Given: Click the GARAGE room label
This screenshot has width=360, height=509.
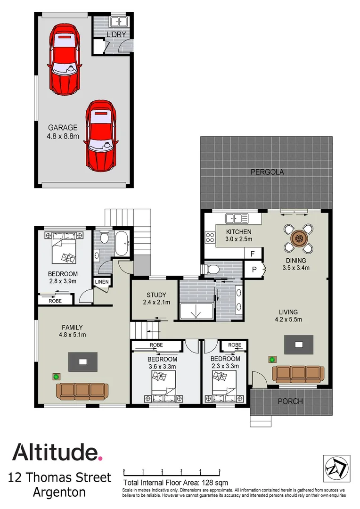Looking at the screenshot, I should (62, 127).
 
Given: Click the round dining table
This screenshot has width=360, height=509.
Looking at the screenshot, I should (298, 238).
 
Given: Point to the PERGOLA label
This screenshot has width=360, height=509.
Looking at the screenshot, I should (267, 172).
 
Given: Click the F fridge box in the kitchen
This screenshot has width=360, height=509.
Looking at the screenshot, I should (253, 254).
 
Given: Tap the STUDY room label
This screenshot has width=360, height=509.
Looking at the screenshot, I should (155, 296).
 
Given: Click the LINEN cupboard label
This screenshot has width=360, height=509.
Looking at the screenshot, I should (102, 282).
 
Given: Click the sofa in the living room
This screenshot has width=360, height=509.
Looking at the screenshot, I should (299, 374).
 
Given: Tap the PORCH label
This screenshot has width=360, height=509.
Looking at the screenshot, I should (290, 402).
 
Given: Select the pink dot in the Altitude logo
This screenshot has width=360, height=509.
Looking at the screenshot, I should (99, 458).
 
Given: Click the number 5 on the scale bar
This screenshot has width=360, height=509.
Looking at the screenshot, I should (220, 471).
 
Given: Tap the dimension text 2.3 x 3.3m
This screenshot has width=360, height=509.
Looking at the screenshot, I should (225, 366).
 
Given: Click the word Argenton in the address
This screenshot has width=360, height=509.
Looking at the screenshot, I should (59, 493).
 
